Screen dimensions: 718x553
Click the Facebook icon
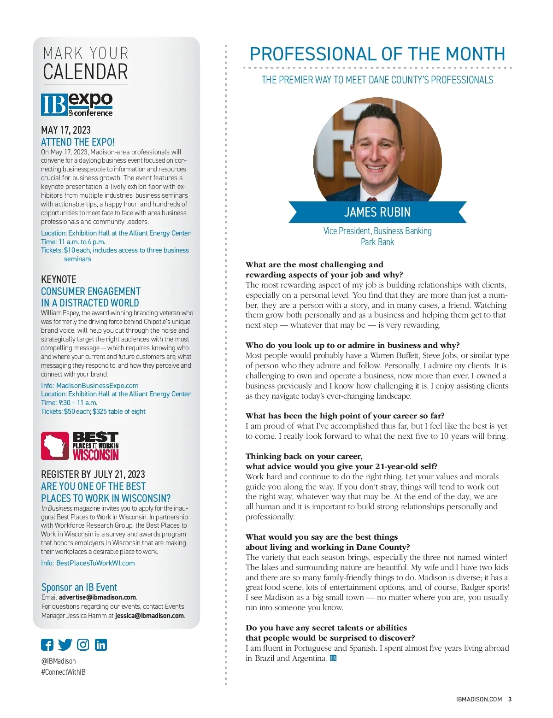(47, 645)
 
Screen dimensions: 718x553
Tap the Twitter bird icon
(65, 645)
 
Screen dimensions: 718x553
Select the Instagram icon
(83, 645)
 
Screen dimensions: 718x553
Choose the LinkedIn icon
(101, 645)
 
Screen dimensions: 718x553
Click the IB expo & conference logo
(77, 105)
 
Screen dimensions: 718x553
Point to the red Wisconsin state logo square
(55, 446)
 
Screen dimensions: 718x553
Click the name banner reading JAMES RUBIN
(377, 212)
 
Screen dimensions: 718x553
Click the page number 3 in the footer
(510, 699)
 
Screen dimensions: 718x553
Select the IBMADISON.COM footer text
(479, 699)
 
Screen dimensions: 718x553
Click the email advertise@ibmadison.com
(97, 597)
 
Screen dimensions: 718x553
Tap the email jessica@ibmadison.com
(149, 616)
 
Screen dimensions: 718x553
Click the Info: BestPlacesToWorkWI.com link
(88, 563)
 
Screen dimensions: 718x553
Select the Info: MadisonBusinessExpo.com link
(90, 386)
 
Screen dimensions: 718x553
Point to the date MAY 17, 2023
(66, 130)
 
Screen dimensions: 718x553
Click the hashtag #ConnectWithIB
(63, 672)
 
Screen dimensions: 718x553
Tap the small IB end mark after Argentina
(333, 658)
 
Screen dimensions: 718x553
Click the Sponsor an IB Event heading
(79, 587)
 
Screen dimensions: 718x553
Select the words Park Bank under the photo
(377, 242)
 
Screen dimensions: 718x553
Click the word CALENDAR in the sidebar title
(86, 72)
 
